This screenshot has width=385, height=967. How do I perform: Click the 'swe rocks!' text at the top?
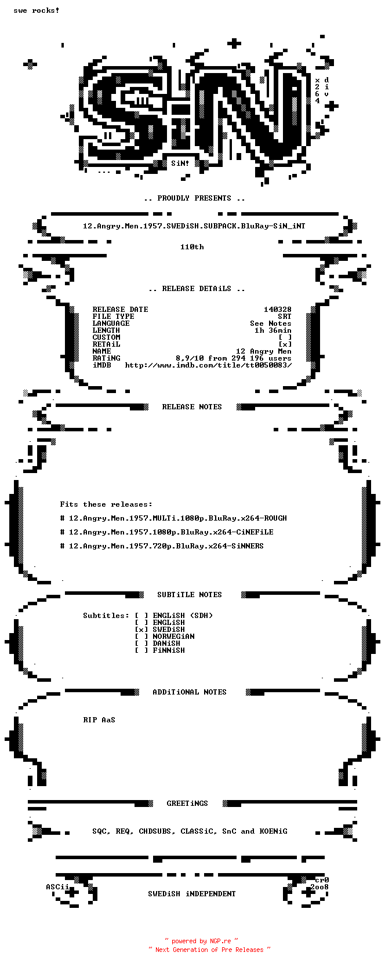[37, 10]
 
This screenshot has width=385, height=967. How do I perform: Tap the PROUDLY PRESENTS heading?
[194, 198]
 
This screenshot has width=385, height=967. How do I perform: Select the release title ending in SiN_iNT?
[194, 226]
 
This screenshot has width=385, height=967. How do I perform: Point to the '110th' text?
[192, 247]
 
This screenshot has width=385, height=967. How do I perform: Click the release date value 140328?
[278, 310]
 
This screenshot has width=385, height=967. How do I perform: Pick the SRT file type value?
[285, 317]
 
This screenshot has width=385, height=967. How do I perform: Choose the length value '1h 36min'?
[273, 330]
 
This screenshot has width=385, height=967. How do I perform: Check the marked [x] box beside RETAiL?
[285, 344]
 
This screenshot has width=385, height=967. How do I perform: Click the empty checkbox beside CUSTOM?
[285, 337]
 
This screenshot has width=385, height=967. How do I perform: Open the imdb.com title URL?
[209, 365]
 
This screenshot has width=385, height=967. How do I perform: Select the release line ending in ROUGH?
[173, 518]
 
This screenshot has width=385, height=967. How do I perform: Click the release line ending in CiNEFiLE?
[166, 532]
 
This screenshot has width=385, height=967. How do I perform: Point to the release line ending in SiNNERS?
[162, 546]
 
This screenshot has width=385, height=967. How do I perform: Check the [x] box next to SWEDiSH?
[141, 630]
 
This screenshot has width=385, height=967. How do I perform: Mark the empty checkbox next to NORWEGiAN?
[141, 637]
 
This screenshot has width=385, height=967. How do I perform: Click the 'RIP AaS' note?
[99, 719]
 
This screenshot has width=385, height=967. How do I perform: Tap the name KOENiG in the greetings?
[273, 831]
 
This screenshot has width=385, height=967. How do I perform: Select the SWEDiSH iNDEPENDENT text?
[192, 893]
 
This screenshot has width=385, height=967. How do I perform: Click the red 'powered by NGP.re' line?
[201, 941]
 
